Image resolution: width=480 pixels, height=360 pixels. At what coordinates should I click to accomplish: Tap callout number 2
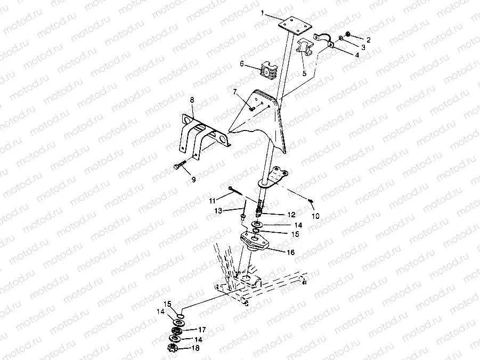pos(368,39)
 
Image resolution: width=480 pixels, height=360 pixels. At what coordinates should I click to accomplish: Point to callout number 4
pos(357,55)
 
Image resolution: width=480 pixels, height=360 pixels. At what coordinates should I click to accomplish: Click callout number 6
pos(242,64)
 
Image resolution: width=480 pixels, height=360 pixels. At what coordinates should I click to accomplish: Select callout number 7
pos(234,92)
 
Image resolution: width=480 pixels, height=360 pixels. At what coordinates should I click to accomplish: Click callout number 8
pos(192,99)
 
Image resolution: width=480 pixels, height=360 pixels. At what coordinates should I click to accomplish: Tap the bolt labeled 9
pos(180,166)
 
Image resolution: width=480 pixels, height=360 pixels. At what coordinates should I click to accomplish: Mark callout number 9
pos(193,179)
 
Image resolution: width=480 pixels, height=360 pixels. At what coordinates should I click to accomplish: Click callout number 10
pos(315,216)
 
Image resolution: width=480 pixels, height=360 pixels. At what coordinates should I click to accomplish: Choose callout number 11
pos(213,200)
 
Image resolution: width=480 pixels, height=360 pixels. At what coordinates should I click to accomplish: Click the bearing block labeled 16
pos(255,242)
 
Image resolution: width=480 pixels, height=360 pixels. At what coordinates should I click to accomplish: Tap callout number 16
pos(290,253)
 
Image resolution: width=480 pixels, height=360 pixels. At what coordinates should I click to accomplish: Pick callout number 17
pos(202,330)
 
